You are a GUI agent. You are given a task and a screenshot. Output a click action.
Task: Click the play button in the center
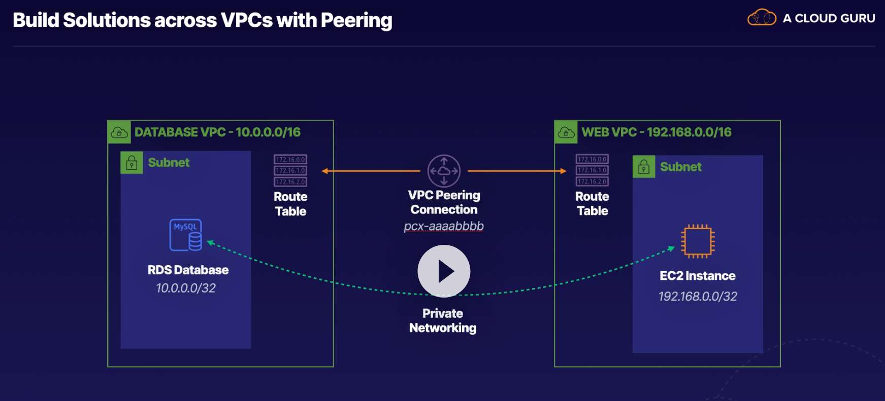(x=444, y=271)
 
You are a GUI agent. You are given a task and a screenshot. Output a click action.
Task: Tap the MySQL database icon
(x=186, y=235)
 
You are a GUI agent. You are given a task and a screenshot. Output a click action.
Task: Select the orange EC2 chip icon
(x=698, y=241)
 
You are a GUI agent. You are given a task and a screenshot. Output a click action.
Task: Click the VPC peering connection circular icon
(x=444, y=171)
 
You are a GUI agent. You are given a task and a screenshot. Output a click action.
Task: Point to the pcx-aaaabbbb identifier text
(x=444, y=226)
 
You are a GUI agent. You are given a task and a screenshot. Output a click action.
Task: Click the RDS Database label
(x=188, y=270)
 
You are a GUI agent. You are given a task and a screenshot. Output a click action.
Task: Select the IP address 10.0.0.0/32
(x=186, y=288)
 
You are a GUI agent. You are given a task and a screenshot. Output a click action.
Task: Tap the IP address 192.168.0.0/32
(x=698, y=296)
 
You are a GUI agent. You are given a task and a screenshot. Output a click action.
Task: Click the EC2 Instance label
(x=698, y=276)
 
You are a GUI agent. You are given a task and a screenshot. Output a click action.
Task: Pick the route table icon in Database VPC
(x=290, y=171)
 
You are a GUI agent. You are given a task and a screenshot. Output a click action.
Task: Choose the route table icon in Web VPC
(x=592, y=170)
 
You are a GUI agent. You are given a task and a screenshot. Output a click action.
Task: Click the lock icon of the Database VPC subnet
(x=132, y=163)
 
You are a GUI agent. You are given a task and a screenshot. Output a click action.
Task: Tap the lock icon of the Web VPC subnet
(x=644, y=167)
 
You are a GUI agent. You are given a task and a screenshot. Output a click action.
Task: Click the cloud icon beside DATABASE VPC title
(x=119, y=132)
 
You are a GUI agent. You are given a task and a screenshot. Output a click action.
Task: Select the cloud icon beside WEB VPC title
(x=566, y=132)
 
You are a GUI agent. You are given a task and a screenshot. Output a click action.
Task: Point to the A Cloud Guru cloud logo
(x=762, y=18)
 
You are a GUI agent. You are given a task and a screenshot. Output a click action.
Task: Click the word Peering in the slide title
(x=356, y=20)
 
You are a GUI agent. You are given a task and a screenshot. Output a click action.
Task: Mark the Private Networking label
(x=443, y=320)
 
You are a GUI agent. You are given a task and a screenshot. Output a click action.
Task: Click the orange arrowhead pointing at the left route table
(x=325, y=171)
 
